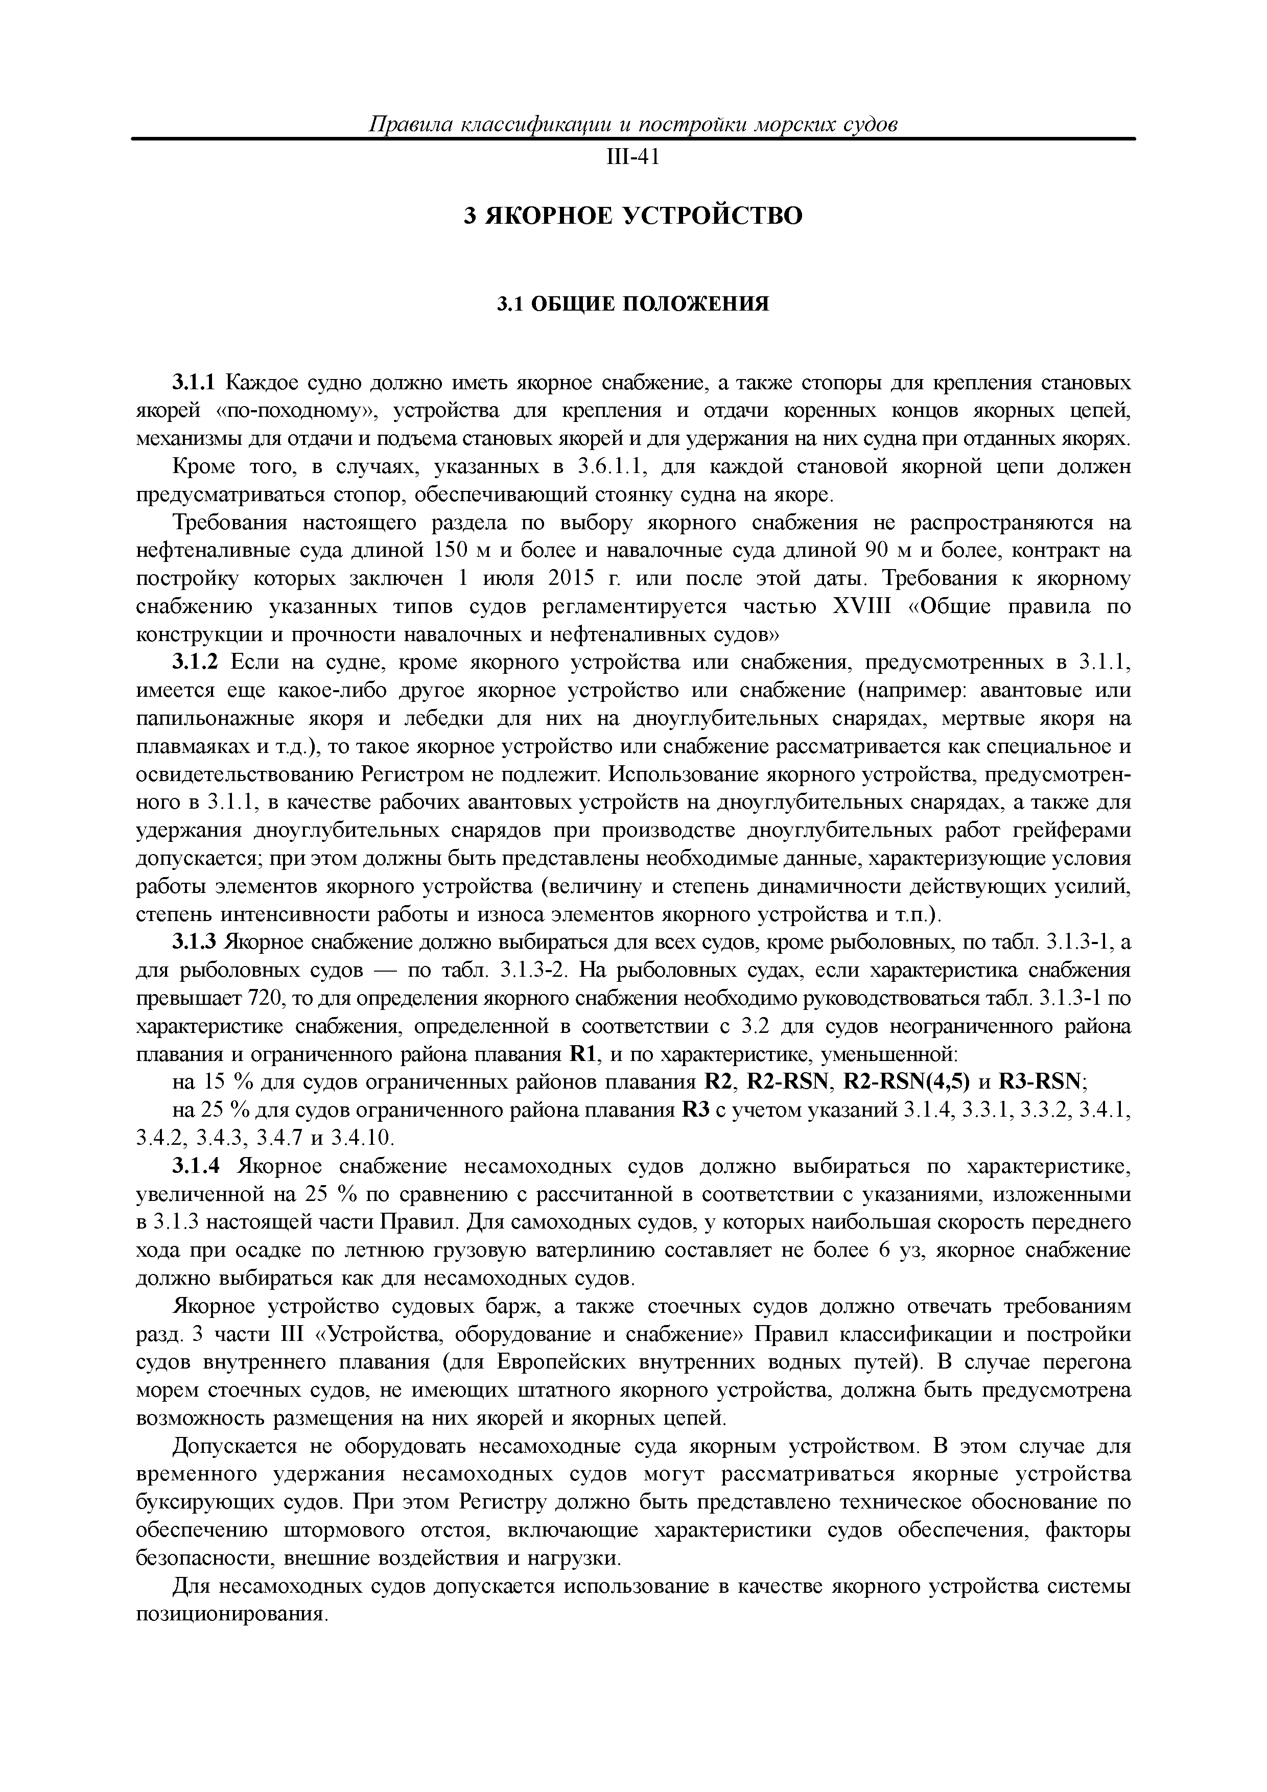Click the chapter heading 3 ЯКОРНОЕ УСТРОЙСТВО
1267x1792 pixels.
[x=633, y=216]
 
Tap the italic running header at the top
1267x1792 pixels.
[x=632, y=125]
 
